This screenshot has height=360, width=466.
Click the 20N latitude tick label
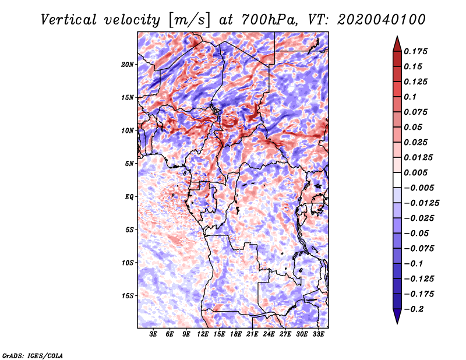(128, 64)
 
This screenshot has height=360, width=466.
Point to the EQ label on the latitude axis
(129, 197)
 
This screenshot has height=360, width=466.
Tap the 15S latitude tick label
(128, 296)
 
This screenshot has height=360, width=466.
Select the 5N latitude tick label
(129, 164)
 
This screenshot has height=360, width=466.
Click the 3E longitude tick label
(153, 334)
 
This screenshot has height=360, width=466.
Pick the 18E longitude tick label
(236, 334)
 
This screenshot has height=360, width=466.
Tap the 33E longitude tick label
(318, 334)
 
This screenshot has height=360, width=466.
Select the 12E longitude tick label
(203, 334)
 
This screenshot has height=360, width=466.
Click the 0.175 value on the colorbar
(416, 51)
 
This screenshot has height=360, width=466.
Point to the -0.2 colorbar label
(413, 309)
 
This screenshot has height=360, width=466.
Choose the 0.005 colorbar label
(416, 172)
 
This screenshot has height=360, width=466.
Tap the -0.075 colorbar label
(419, 249)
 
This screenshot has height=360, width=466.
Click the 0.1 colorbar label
(410, 97)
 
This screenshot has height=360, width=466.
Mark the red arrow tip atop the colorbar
(397, 36)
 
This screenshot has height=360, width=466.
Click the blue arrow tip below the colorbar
(397, 323)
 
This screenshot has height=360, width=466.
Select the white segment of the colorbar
(397, 180)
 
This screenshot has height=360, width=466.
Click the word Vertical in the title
(69, 20)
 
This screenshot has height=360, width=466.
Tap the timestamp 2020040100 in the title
(382, 20)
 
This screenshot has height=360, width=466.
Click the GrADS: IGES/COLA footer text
(33, 355)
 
